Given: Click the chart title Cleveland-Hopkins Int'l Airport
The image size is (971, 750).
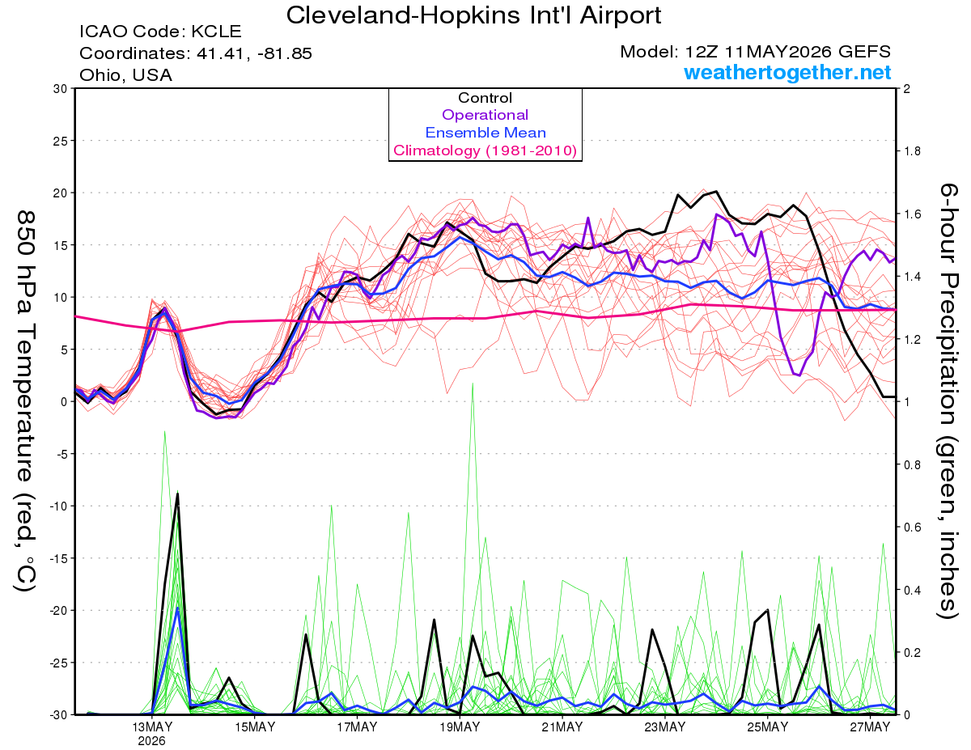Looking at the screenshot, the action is [473, 15].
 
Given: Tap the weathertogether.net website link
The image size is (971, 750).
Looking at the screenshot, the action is [787, 73].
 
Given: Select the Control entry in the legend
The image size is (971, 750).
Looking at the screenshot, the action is [485, 98].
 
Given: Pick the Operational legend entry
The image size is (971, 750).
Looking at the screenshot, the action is [485, 115].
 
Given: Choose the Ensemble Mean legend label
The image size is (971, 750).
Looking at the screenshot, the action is [485, 133].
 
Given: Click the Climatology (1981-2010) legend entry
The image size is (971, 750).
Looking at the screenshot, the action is [485, 150].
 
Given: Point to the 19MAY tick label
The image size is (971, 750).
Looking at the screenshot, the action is [460, 727].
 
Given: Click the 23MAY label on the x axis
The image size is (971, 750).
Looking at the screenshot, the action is [664, 727].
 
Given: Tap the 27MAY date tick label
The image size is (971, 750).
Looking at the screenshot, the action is [870, 727].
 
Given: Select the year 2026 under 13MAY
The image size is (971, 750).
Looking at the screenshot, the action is [151, 742].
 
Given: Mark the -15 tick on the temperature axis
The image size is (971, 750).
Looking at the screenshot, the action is [58, 558].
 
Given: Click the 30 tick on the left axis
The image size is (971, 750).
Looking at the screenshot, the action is [61, 89].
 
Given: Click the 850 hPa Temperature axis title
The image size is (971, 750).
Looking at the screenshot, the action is [25, 401].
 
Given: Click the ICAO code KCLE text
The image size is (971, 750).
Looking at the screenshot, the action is [160, 32].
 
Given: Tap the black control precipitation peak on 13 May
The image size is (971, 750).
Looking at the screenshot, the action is [177, 494].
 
